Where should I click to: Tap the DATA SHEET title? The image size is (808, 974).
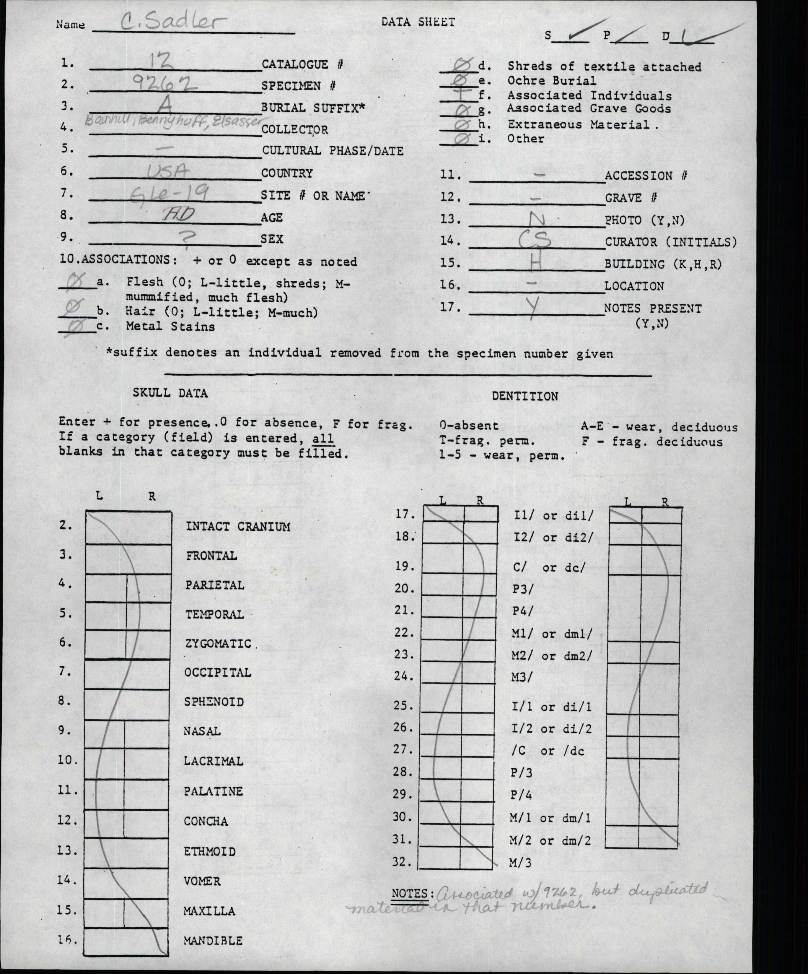click(418, 22)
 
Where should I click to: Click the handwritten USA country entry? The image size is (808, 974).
click(168, 172)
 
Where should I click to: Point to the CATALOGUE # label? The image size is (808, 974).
click(302, 64)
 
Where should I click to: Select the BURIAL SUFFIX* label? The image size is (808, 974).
click(313, 108)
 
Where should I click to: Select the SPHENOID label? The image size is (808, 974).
click(214, 702)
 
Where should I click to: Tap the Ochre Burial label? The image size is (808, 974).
click(551, 81)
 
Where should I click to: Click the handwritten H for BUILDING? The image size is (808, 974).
click(535, 263)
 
